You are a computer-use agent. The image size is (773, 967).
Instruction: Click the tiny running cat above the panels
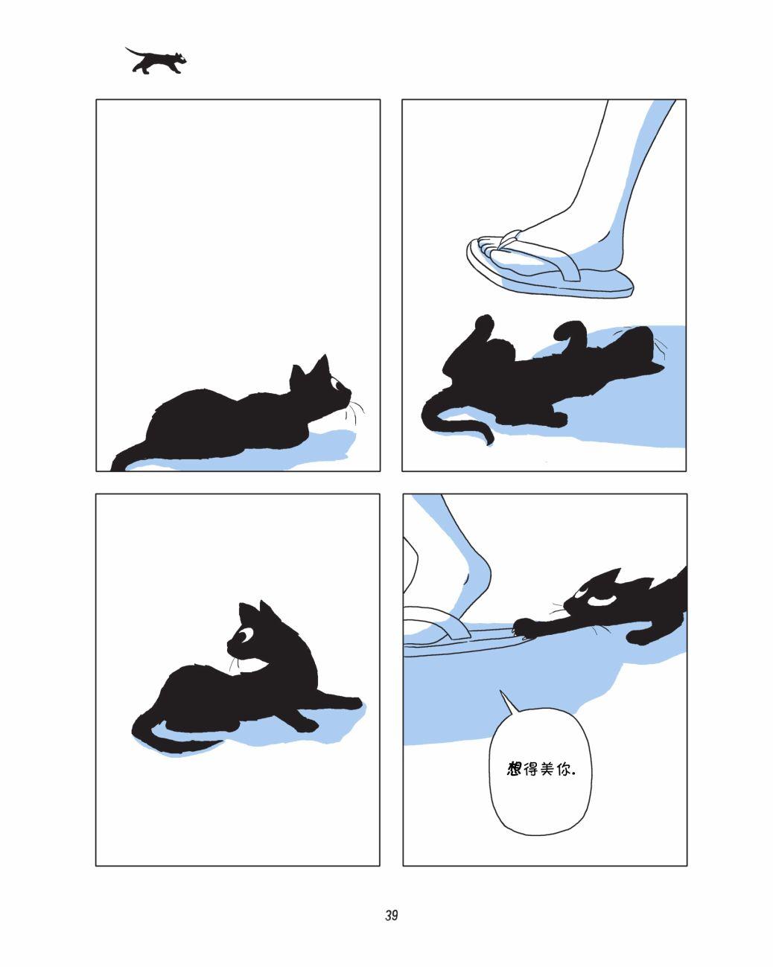pyautogui.click(x=155, y=60)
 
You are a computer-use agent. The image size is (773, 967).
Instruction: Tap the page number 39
pyautogui.click(x=391, y=915)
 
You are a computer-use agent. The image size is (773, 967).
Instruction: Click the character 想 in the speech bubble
pyautogui.click(x=514, y=769)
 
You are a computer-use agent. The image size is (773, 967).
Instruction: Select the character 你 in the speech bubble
pyautogui.click(x=564, y=769)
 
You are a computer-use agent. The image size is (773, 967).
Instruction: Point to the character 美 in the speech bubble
pyautogui.click(x=547, y=769)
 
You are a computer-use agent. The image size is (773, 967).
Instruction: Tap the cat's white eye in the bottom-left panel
pyautogui.click(x=246, y=636)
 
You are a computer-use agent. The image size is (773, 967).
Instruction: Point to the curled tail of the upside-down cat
pyautogui.click(x=454, y=418)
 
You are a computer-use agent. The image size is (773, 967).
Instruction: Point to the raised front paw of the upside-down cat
pyautogui.click(x=483, y=328)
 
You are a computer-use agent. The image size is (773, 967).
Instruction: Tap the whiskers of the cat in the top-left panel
pyautogui.click(x=355, y=411)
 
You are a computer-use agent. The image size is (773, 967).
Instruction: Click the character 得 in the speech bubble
pyautogui.click(x=531, y=769)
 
